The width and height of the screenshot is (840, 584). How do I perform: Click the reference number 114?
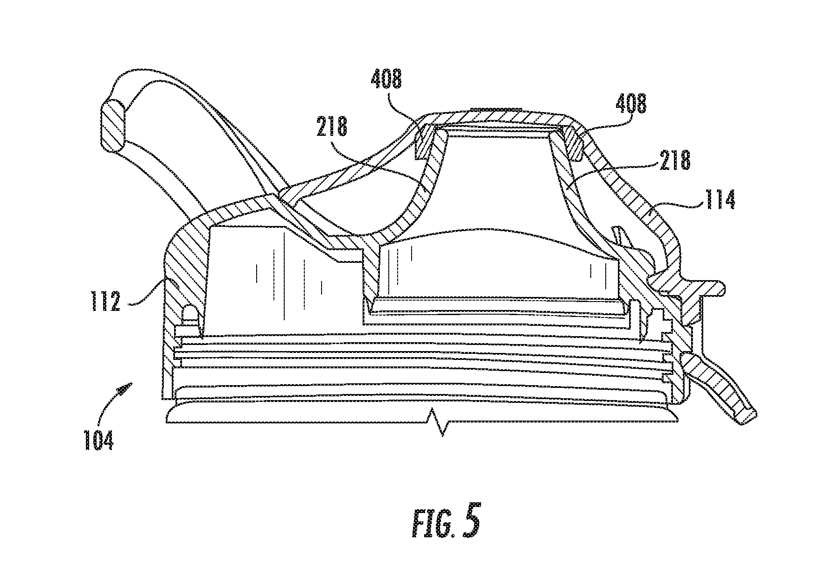(719, 199)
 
